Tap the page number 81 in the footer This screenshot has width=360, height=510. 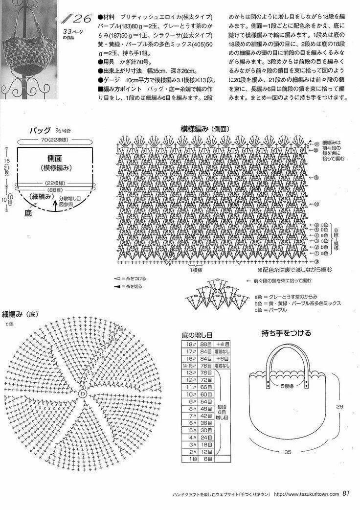[x=346, y=493]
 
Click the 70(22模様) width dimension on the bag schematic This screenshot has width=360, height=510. [x=54, y=139]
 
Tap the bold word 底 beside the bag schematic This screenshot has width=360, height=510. [x=28, y=213]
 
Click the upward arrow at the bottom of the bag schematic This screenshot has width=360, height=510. [x=55, y=207]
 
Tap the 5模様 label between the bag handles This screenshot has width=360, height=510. [x=287, y=386]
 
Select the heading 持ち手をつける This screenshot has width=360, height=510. [x=286, y=334]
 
